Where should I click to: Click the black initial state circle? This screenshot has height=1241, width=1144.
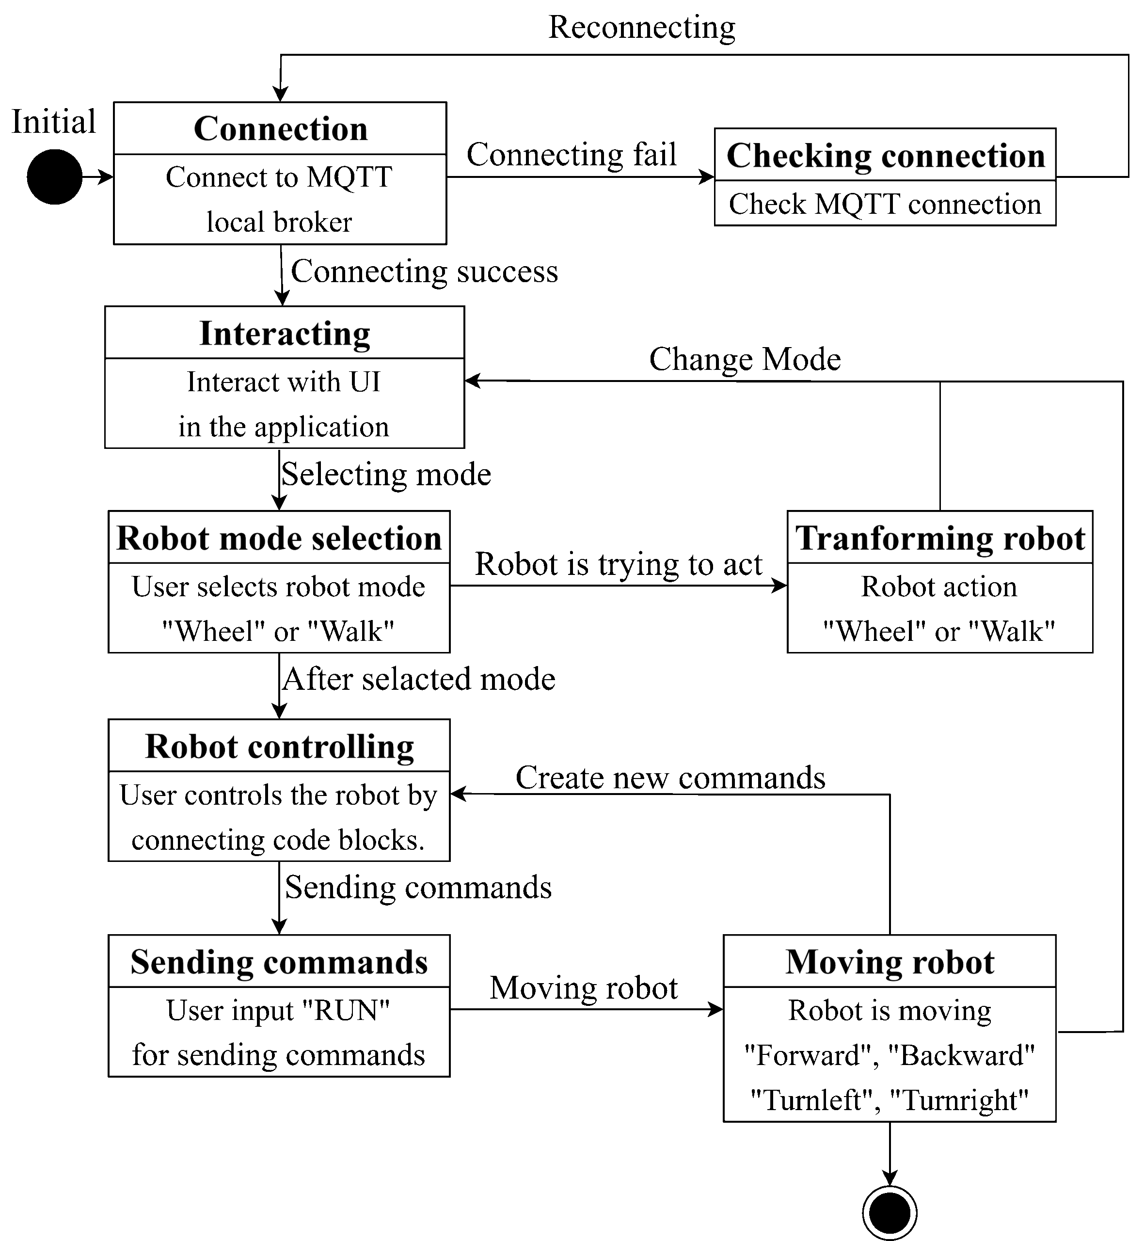click(54, 176)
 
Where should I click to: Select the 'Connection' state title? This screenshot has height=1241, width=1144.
click(281, 129)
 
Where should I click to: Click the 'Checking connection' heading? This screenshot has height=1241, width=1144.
click(885, 155)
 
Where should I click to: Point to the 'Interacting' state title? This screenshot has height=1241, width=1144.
click(285, 334)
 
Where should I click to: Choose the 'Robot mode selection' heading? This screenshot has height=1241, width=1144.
click(279, 538)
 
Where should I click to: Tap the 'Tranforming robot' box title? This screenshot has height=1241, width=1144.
click(940, 538)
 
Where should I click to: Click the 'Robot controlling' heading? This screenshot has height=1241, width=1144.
click(279, 747)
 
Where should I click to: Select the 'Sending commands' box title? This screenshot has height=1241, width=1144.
click(279, 962)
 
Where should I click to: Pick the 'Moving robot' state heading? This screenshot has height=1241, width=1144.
click(890, 962)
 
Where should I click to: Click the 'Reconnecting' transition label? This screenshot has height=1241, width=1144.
click(642, 28)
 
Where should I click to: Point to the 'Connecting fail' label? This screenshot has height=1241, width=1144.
click(572, 154)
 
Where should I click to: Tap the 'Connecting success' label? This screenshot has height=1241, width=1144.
click(424, 272)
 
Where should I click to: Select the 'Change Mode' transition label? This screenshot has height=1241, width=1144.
click(745, 359)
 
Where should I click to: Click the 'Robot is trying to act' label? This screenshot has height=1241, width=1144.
click(619, 564)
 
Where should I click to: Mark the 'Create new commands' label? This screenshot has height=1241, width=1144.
click(670, 778)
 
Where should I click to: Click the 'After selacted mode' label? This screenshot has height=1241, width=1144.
click(418, 679)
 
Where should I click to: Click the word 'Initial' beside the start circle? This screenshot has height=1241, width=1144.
click(54, 121)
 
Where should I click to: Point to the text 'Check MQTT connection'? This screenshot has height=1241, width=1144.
click(885, 204)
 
